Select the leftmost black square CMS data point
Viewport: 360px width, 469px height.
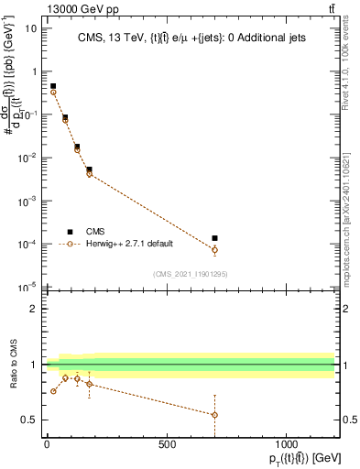pos(53,86)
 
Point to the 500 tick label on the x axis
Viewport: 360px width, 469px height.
pos(167,444)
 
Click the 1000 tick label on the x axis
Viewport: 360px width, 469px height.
pos(287,444)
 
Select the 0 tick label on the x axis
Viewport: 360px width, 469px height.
pos(47,444)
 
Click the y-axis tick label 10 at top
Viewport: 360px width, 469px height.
pos(30,27)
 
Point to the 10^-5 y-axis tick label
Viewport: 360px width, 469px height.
pos(27,287)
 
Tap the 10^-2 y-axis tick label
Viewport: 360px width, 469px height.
pos(27,158)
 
